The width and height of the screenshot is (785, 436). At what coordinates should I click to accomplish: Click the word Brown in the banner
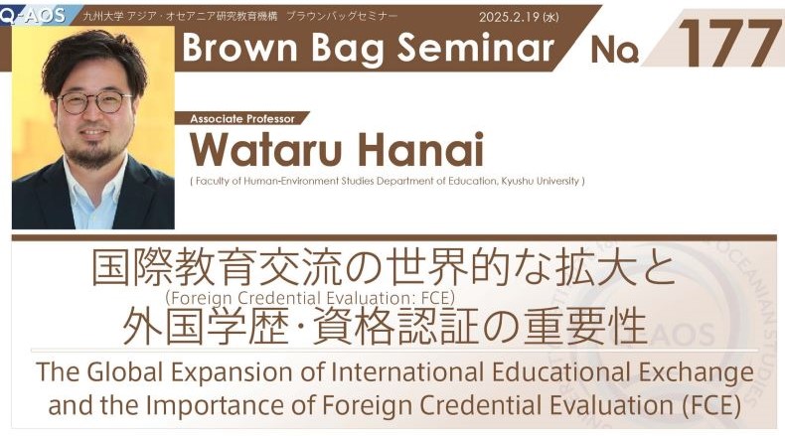click(239, 47)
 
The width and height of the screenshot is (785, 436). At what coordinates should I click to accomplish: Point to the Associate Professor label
click(242, 119)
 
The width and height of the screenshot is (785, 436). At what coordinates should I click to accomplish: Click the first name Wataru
click(266, 149)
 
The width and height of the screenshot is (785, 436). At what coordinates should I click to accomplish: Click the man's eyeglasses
click(94, 101)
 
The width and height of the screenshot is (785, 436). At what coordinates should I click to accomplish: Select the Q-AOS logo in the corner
click(33, 15)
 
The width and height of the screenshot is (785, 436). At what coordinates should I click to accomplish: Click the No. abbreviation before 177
click(615, 50)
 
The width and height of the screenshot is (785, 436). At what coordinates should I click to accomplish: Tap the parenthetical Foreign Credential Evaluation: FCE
click(310, 298)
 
